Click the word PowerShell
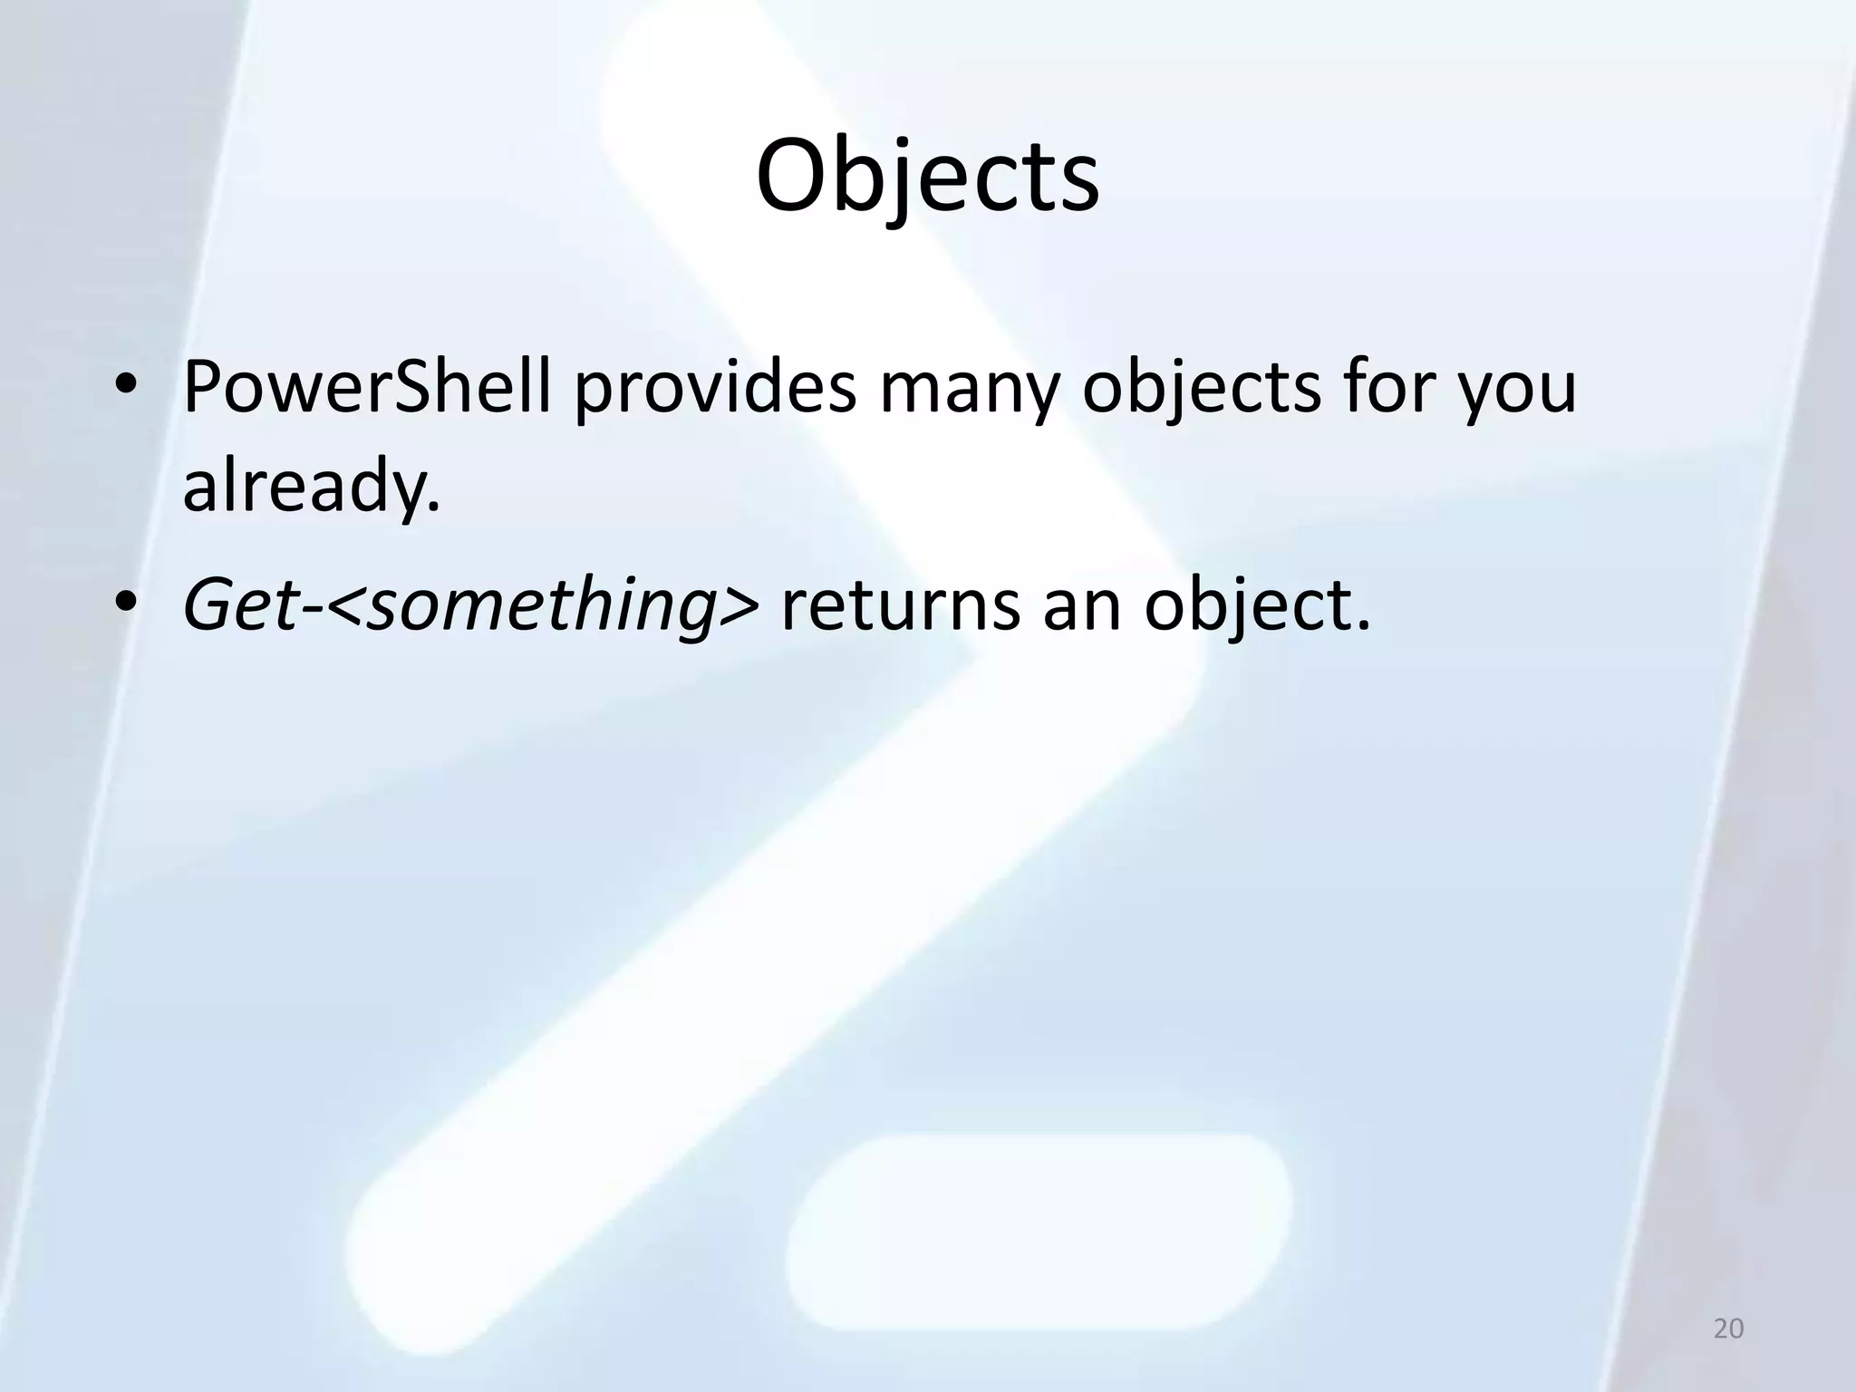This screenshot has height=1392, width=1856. (x=367, y=388)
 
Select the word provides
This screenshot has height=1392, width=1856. (x=716, y=388)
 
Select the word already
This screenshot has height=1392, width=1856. (x=303, y=486)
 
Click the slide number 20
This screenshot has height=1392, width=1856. (x=1728, y=1329)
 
